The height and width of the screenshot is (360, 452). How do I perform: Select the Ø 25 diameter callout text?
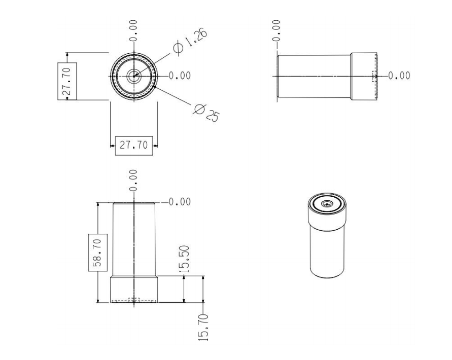[x=206, y=113]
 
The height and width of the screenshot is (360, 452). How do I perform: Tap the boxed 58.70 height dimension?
[x=98, y=253]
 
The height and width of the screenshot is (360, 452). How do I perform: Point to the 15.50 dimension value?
[x=184, y=259]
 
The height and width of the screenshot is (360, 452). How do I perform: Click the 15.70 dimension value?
[x=203, y=328]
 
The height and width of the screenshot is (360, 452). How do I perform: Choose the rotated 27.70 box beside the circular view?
[x=67, y=81]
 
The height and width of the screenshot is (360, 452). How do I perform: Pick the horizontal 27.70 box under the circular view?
[x=134, y=146]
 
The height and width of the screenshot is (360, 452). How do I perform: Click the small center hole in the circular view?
[x=134, y=76]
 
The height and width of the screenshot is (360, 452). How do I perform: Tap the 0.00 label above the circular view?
[x=133, y=30]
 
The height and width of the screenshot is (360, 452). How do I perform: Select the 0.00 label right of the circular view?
[x=180, y=76]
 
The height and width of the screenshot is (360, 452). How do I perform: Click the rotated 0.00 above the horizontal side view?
[x=276, y=30]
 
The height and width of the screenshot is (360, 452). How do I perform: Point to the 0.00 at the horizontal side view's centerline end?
[x=399, y=76]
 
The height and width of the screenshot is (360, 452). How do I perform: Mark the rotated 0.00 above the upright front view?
[x=133, y=180]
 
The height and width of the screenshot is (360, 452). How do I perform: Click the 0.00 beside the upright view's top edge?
[x=180, y=202]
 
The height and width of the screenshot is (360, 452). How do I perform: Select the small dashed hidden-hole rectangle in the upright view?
[x=134, y=300]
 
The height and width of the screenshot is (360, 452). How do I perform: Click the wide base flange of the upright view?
[x=134, y=290]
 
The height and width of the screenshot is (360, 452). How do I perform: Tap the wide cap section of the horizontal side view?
[x=364, y=77]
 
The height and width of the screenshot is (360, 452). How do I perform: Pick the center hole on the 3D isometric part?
[x=327, y=204]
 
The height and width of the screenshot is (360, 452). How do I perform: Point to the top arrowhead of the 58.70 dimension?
[x=98, y=204]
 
